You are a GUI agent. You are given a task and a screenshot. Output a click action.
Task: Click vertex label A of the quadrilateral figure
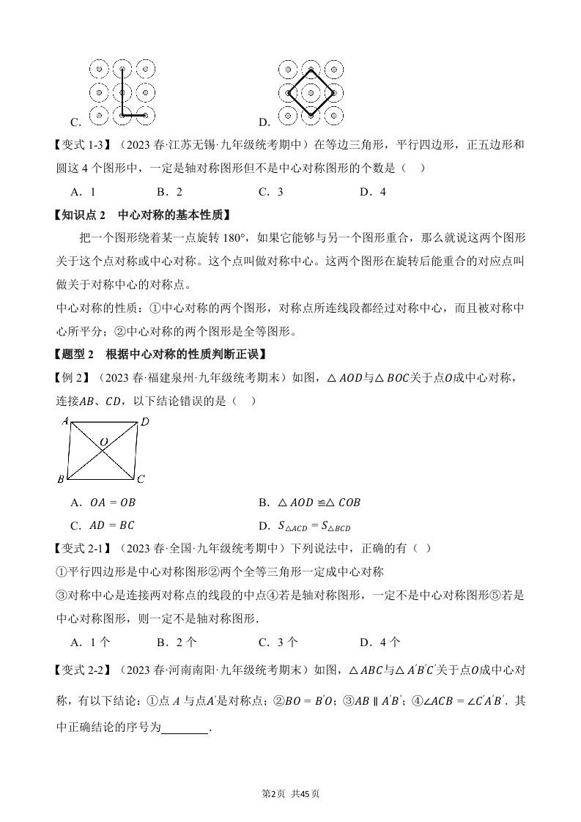click(65, 421)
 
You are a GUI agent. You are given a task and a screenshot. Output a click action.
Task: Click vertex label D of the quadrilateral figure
click(144, 421)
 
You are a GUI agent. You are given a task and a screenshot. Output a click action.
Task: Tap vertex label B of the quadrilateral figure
click(61, 479)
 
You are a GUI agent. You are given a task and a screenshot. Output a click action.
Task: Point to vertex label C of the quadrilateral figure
click(141, 479)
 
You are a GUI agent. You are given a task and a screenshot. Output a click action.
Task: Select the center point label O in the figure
click(104, 443)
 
